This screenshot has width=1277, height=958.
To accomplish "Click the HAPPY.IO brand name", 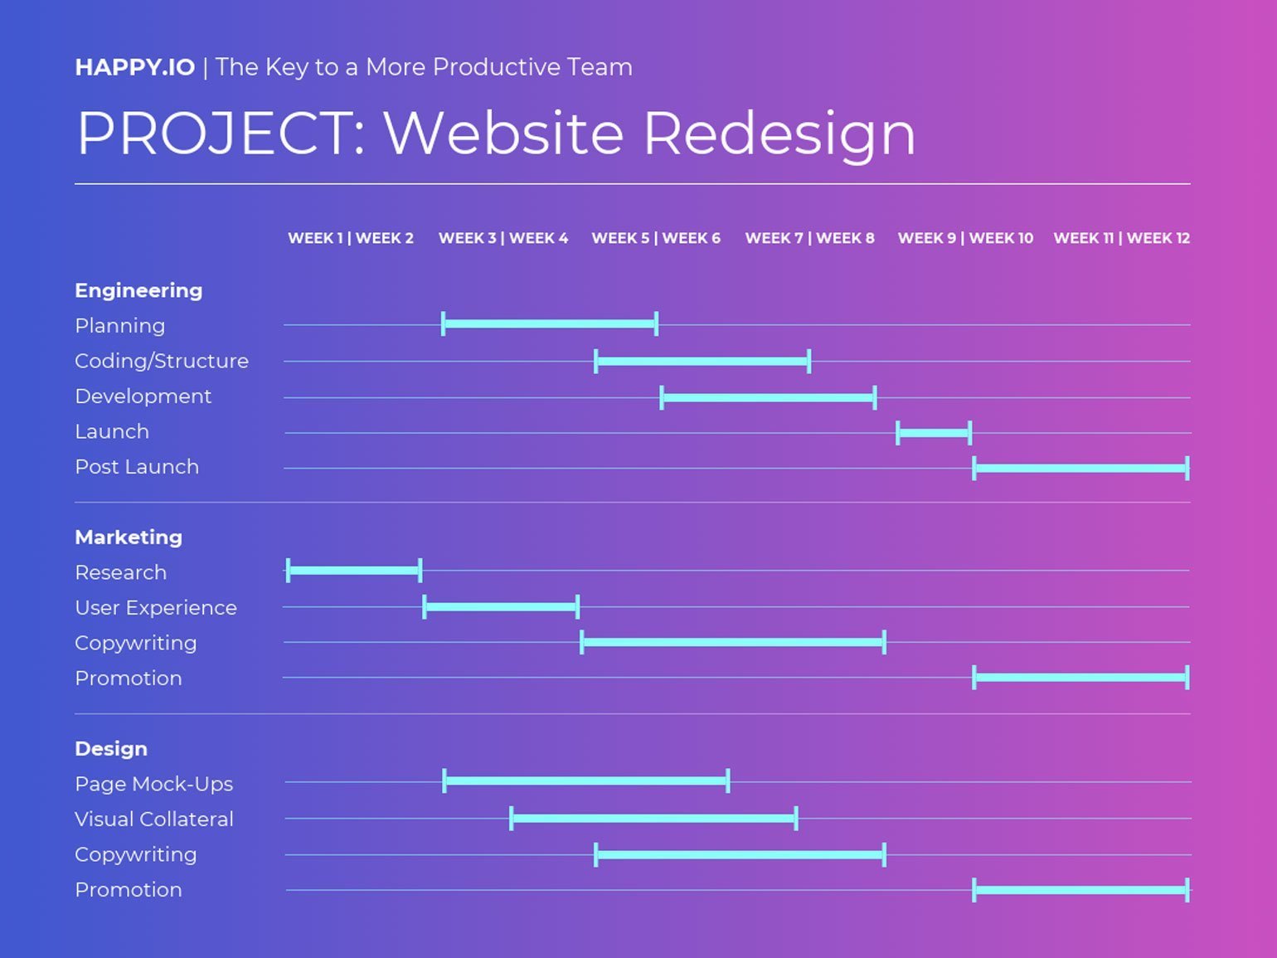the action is coord(135,67).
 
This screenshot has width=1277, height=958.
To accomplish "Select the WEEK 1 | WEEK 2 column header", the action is coord(351,238).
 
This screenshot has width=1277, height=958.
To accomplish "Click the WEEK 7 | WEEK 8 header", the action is coord(810,238).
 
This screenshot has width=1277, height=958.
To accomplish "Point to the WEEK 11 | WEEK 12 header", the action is coord(1122,238).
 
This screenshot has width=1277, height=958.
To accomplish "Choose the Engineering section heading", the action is coord(138,290).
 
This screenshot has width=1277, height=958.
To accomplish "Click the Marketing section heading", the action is coord(129,537).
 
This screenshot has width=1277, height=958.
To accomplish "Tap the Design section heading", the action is coord(111,749).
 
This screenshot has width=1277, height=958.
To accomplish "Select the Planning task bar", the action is coord(550,324).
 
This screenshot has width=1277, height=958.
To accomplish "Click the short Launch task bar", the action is coord(934,433).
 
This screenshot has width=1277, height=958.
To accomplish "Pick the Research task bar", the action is coord(354,570).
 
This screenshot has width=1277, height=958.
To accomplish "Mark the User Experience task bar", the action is coord(501,606).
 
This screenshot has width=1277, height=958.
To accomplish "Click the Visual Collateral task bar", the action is coord(654,819).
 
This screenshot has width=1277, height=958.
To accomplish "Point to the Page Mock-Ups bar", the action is coord(586,781).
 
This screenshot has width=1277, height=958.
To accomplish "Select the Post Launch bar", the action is coord(1081,469).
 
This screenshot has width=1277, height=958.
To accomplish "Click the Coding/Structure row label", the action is coord(162,361).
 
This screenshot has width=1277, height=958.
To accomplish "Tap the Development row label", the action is coord(143,396).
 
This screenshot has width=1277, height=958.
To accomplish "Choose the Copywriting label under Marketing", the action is coord(136,644).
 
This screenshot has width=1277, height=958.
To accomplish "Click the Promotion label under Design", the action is coord(129,890).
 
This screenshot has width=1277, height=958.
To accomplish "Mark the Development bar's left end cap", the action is coord(662,398).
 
